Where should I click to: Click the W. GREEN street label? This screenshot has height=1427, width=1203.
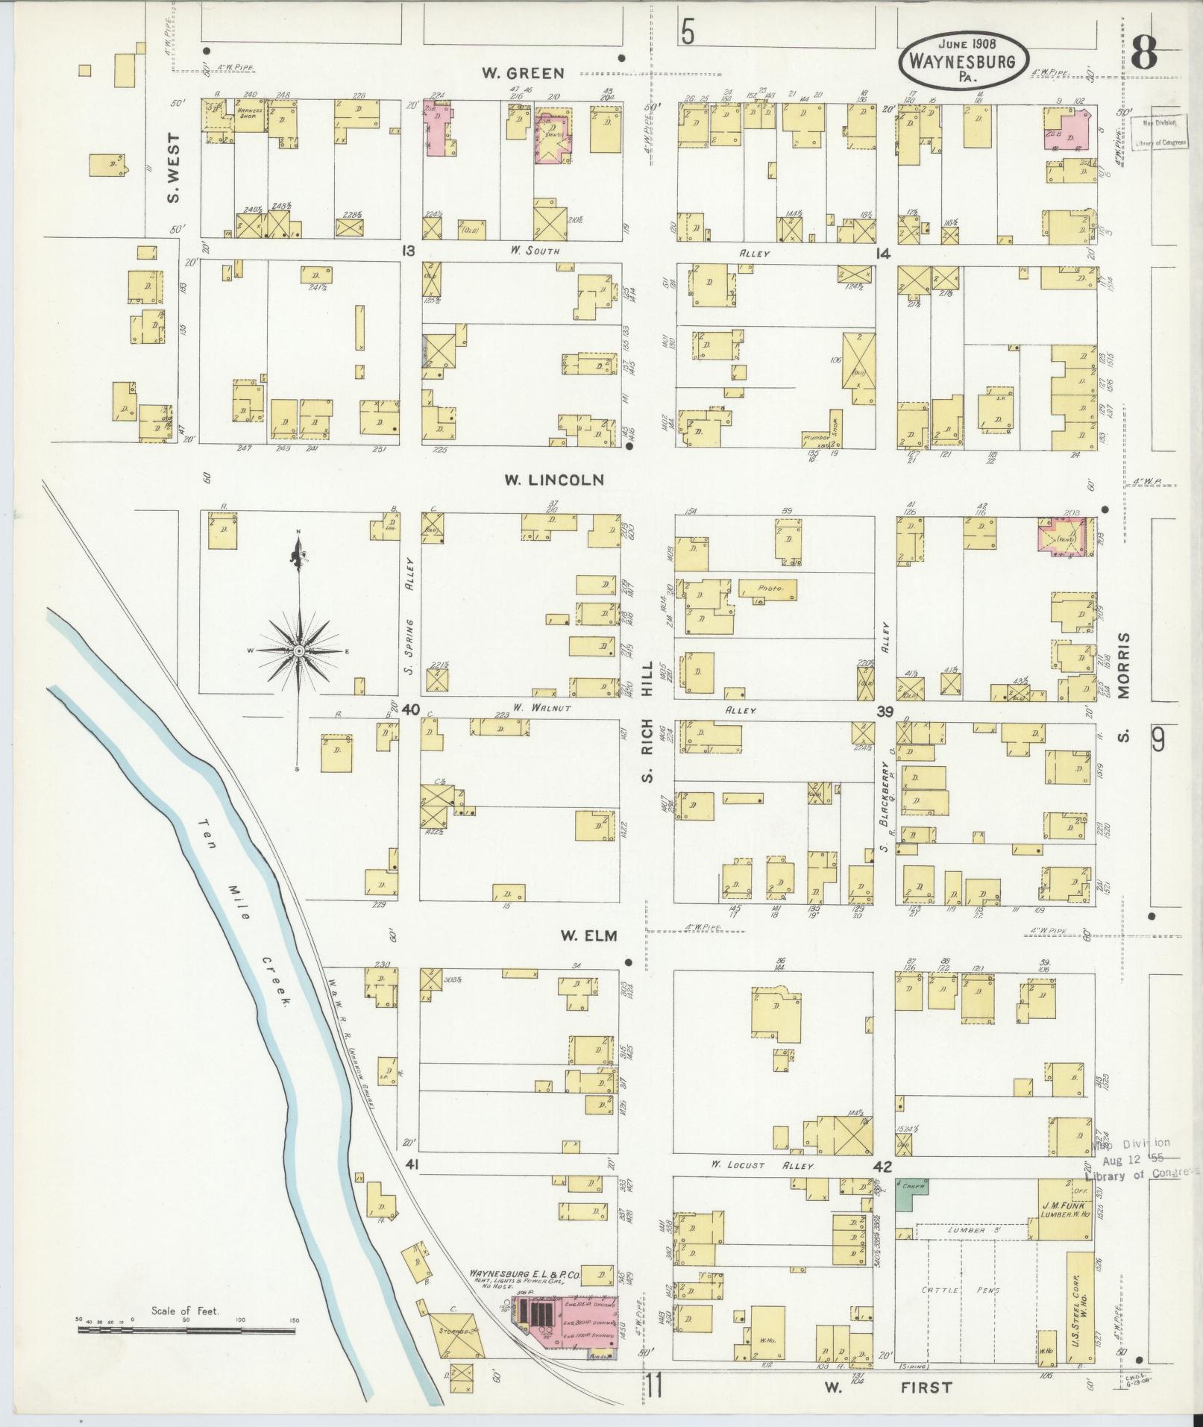pos(522,73)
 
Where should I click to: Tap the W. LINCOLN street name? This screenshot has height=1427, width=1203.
pos(553,480)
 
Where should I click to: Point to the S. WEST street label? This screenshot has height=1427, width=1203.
pos(173,169)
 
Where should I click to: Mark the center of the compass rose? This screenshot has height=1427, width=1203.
pos(298,650)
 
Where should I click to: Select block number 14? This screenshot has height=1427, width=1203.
pos(883,254)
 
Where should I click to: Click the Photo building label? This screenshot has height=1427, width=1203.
pos(768,589)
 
